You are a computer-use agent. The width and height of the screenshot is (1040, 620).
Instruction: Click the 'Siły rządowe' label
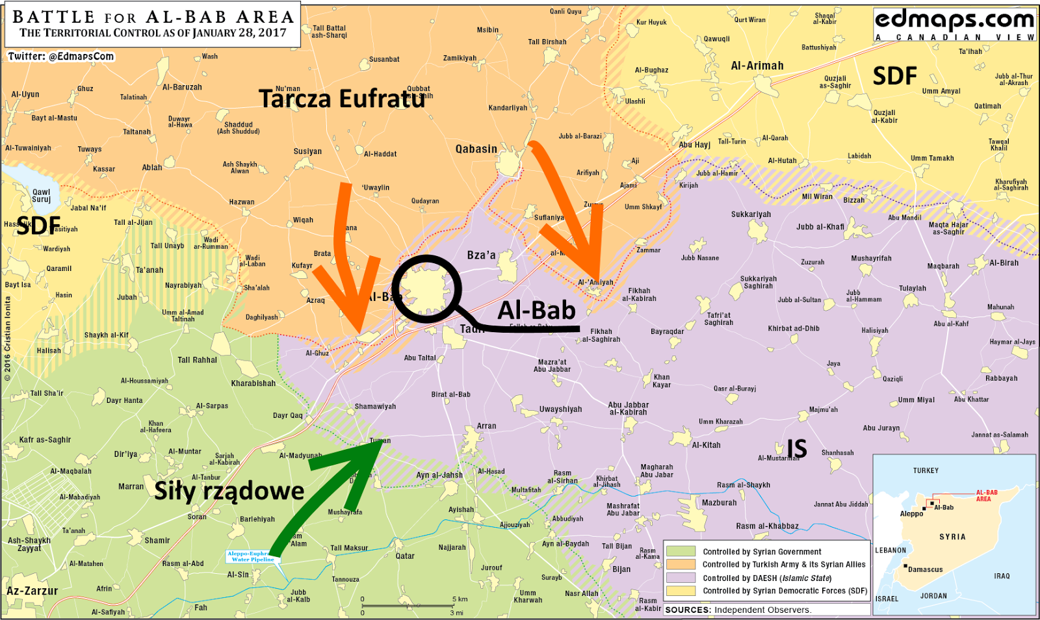pos(229,491)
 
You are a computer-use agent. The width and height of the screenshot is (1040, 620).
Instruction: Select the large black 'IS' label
pos(797,449)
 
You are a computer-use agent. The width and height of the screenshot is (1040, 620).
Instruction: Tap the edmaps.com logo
pos(954,23)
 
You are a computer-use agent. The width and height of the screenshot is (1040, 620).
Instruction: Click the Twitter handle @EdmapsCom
pos(61,57)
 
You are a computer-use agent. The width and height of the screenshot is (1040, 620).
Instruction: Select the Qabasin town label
pos(476,149)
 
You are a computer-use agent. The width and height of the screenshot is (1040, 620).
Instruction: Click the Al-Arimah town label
pos(757,66)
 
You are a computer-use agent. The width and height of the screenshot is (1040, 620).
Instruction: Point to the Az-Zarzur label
pos(32,591)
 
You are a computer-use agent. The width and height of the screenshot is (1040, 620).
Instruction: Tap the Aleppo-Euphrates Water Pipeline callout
pos(252,556)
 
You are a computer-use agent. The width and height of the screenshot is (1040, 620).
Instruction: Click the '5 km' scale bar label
pos(460,599)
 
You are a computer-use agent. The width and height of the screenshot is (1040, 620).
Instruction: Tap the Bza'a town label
pos(481,255)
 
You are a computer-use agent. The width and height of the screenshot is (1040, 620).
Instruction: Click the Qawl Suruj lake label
pos(41,196)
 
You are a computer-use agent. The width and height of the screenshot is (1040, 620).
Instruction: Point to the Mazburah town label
pos(719,502)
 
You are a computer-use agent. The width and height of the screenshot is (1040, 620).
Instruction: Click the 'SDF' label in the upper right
pos(894,76)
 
